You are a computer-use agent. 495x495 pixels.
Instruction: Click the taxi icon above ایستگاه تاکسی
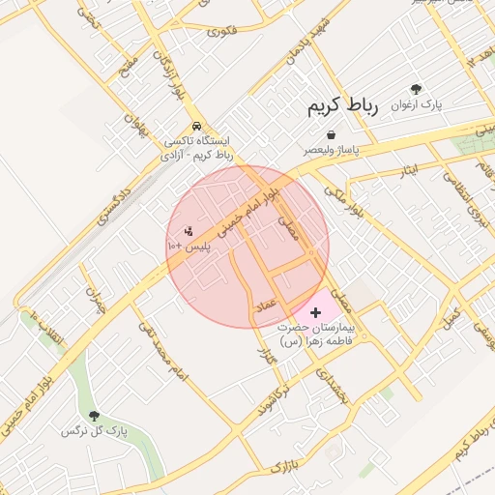(x=197, y=127)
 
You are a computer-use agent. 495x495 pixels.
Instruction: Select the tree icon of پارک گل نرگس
(x=94, y=416)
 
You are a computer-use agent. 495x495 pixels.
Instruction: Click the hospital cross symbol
(x=315, y=312)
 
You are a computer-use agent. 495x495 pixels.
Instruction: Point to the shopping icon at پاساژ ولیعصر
(x=332, y=135)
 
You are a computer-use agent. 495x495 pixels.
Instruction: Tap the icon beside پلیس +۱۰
(x=189, y=232)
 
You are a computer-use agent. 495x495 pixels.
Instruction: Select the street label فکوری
(x=221, y=30)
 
